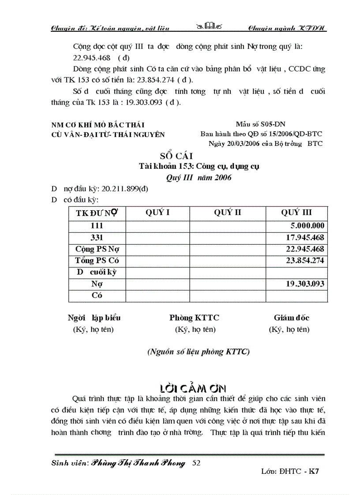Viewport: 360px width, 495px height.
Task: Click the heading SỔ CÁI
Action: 176,156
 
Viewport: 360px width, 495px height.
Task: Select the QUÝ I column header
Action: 157,212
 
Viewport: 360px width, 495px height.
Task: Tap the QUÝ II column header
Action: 228,212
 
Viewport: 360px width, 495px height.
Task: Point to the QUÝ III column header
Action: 296,212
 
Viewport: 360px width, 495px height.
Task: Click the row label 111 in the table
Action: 97,226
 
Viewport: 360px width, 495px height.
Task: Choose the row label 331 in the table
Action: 97,238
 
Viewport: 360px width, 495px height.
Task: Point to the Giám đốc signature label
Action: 291,318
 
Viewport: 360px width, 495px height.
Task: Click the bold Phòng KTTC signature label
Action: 194,318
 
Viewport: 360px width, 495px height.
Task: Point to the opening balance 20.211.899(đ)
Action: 125,189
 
